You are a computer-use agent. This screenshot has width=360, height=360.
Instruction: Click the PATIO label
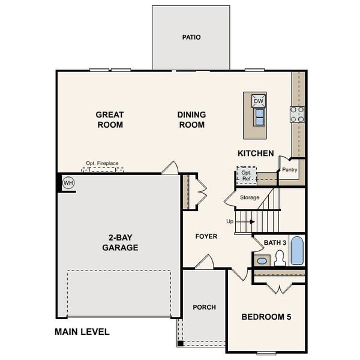pyautogui.click(x=191, y=37)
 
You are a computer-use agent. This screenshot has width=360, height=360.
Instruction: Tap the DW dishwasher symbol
pyautogui.click(x=259, y=101)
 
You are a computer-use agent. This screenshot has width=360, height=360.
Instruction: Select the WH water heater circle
pyautogui.click(x=68, y=183)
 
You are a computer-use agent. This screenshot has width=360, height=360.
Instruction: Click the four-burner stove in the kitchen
pyautogui.click(x=297, y=114)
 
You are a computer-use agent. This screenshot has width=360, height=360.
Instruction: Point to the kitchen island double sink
pyautogui.click(x=260, y=117)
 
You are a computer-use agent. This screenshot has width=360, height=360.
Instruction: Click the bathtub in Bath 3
pyautogui.click(x=297, y=250)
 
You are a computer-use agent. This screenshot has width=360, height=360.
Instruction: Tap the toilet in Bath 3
pyautogui.click(x=280, y=258)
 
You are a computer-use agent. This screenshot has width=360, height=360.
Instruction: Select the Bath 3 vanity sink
pyautogui.click(x=262, y=261)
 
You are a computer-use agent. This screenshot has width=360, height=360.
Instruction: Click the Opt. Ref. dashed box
pyautogui.click(x=247, y=175)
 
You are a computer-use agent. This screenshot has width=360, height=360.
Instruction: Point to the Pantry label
pyautogui.click(x=290, y=170)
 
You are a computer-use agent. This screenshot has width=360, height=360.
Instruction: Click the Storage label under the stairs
pyautogui.click(x=250, y=197)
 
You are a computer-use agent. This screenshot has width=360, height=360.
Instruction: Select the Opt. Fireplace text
pyautogui.click(x=102, y=163)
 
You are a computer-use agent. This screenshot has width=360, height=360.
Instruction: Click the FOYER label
pyautogui.click(x=206, y=236)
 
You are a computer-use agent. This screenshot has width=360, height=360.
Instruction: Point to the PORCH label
pyautogui.click(x=205, y=307)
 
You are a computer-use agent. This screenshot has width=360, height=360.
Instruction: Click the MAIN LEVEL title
pyautogui.click(x=82, y=332)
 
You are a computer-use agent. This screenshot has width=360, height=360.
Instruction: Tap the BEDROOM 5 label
pyautogui.click(x=266, y=317)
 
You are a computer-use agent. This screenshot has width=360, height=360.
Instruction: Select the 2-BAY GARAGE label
pyautogui.click(x=121, y=242)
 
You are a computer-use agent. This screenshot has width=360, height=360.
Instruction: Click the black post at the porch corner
pyautogui.click(x=181, y=343)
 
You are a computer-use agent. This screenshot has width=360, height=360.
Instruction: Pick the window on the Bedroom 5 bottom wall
pyautogui.click(x=266, y=353)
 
